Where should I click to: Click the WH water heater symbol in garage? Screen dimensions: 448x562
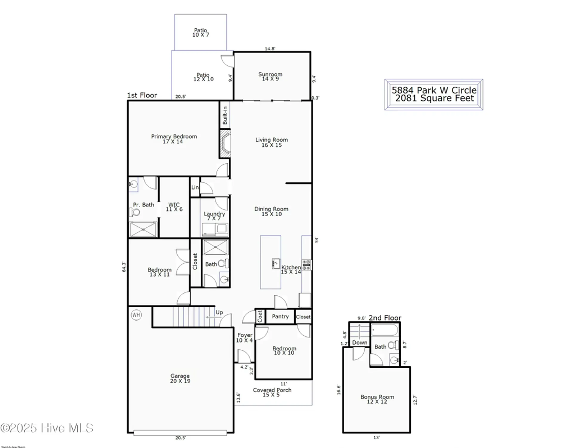point(136,315)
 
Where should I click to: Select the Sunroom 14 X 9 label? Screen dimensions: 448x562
point(270,76)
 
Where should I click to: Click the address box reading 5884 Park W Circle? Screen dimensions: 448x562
point(434,94)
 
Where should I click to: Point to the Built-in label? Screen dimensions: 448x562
point(225,115)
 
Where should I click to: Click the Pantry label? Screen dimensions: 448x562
point(280,316)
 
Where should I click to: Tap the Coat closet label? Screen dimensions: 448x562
point(260,316)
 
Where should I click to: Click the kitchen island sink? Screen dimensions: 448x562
point(276,264)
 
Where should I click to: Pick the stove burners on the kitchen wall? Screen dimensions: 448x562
point(306,265)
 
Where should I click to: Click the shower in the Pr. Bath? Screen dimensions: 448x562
point(143,229)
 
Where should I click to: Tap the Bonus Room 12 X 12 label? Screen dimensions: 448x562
point(377,399)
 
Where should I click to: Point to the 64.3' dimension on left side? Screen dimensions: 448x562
point(124,267)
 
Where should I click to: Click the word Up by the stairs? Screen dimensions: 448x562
point(219,312)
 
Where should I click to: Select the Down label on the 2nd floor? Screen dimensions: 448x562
point(360,343)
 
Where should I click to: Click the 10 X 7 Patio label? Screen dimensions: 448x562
point(201,32)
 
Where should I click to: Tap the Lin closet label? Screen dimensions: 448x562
point(195,187)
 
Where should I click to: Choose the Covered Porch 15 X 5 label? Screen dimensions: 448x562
point(272,392)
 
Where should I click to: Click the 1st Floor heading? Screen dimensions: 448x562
point(142,95)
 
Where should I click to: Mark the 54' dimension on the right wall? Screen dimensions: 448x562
point(317,240)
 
